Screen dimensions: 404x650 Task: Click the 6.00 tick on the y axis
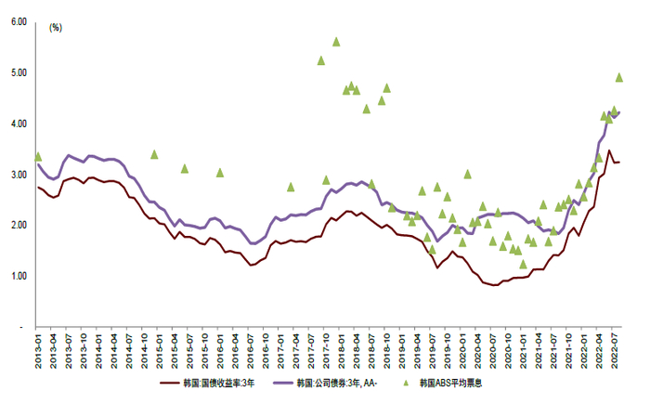[x=18, y=21]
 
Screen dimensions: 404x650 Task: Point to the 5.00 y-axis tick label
[x=18, y=72]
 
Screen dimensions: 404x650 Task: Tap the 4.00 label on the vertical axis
[x=18, y=124]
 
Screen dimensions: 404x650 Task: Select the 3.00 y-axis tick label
[x=18, y=175]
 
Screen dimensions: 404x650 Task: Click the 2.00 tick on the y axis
[x=18, y=226]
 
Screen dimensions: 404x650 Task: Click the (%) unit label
[x=55, y=28]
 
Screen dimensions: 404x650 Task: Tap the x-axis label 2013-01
[x=38, y=353]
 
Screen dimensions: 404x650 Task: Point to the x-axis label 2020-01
[x=461, y=353]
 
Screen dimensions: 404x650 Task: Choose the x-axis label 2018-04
[x=356, y=353]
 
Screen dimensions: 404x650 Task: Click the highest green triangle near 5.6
[x=336, y=42]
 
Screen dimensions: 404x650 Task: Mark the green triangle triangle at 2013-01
[x=38, y=157]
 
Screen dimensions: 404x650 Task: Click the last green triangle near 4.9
[x=619, y=78]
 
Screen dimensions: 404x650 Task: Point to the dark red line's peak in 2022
[x=609, y=150]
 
